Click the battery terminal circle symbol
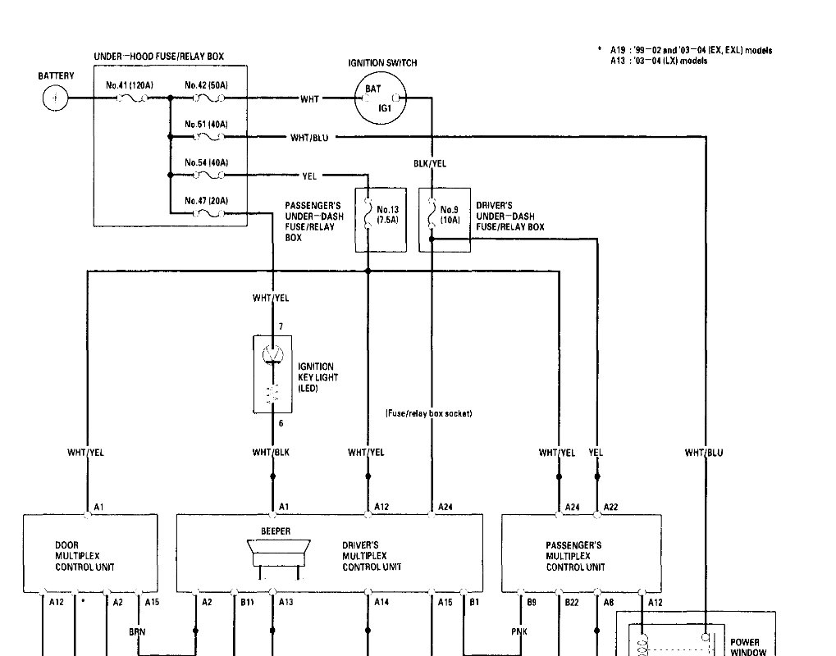click(x=54, y=98)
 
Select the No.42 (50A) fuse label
click(x=206, y=85)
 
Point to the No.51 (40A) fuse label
click(x=206, y=124)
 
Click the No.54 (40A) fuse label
click(x=206, y=162)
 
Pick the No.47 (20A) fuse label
click(x=206, y=201)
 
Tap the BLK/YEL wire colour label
click(x=430, y=164)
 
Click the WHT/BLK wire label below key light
click(x=271, y=452)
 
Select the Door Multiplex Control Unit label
click(x=85, y=556)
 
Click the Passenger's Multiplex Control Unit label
click(x=574, y=556)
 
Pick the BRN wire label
click(x=138, y=632)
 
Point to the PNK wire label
click(x=518, y=632)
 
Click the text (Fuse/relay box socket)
click(x=428, y=413)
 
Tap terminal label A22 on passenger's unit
click(x=610, y=508)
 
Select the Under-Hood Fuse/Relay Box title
click(x=159, y=57)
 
